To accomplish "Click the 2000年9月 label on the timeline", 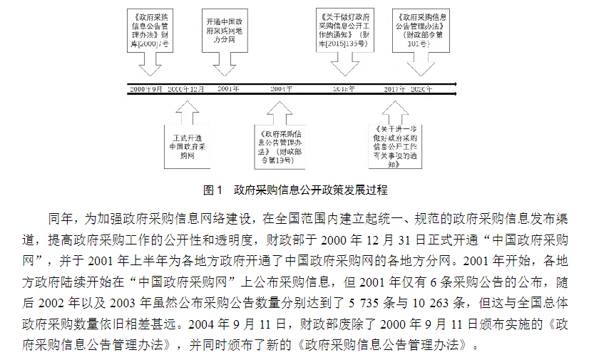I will (x=146, y=89).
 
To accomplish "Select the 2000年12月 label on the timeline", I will (x=186, y=89).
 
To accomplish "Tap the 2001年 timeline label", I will (x=228, y=89).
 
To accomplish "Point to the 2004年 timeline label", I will (x=282, y=89).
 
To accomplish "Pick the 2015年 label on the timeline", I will (x=344, y=89).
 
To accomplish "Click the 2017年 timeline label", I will (x=394, y=89).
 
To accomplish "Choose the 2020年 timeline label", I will (x=422, y=89).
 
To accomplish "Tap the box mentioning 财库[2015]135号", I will (x=346, y=29).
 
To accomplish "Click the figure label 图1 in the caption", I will (x=214, y=190).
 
